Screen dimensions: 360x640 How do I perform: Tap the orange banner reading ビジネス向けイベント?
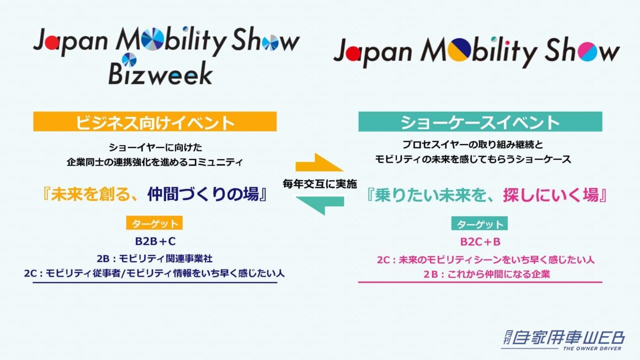point(155,121)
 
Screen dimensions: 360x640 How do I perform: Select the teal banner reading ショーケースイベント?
point(480,121)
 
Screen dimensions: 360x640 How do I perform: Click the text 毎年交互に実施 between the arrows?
point(319,184)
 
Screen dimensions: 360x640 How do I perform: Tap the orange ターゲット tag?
point(154,223)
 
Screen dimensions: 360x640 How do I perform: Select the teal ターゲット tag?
point(479,223)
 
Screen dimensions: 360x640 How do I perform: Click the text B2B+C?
point(154,241)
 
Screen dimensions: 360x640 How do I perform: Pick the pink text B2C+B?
point(480,242)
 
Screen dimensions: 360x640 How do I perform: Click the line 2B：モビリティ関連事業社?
point(154,259)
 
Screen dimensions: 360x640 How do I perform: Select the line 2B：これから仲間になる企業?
point(480,274)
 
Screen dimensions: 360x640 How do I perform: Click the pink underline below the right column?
point(480,282)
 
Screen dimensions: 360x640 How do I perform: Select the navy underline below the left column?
point(154,282)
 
